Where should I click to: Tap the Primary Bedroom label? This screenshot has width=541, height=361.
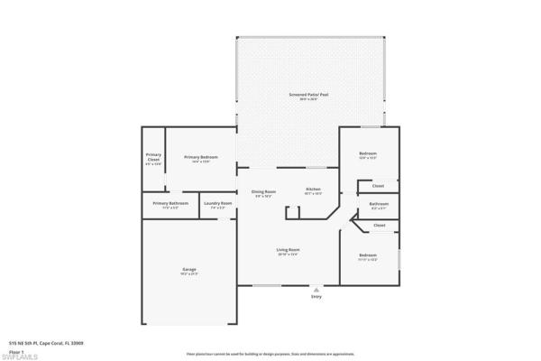pyautogui.click(x=197, y=158)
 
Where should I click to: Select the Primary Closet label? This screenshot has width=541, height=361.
pyautogui.click(x=153, y=158)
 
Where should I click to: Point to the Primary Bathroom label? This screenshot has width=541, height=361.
pyautogui.click(x=170, y=203)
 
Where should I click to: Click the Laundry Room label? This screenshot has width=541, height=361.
pyautogui.click(x=216, y=203)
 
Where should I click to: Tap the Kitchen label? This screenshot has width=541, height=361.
pyautogui.click(x=313, y=190)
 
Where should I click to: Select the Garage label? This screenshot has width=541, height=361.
pyautogui.click(x=189, y=269)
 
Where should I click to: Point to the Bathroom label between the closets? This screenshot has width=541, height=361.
pyautogui.click(x=379, y=204)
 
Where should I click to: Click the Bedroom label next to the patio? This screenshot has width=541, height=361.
pyautogui.click(x=368, y=154)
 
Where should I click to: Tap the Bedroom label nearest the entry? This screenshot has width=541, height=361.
pyautogui.click(x=367, y=255)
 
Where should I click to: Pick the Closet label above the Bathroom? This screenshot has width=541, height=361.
pyautogui.click(x=379, y=186)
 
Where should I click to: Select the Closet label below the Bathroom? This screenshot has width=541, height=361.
pyautogui.click(x=380, y=225)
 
